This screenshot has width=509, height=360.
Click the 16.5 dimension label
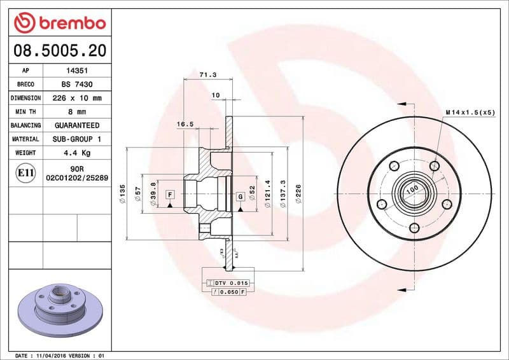[185, 125]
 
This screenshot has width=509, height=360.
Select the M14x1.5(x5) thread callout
[470, 112]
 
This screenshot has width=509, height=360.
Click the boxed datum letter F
[170, 193]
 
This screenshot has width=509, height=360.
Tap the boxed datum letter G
[240, 196]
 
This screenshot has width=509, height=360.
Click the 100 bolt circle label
[412, 189]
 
